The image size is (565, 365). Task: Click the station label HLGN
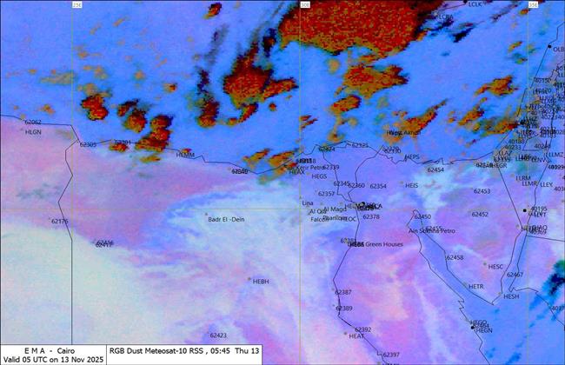pyautogui.click(x=33, y=132)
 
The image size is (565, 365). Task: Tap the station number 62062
pyautogui.click(x=33, y=123)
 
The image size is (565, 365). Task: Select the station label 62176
pyautogui.click(x=59, y=222)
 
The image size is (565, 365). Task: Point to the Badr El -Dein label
pyautogui.click(x=228, y=219)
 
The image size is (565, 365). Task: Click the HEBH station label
pyautogui.click(x=261, y=282)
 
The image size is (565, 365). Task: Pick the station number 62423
pyautogui.click(x=218, y=335)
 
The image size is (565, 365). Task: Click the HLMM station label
pyautogui.click(x=185, y=155)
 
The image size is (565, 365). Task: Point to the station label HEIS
pyautogui.click(x=412, y=185)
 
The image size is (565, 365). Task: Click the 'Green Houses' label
pyautogui.click(x=383, y=244)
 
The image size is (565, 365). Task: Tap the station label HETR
pyautogui.click(x=475, y=286)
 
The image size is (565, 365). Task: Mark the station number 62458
pyautogui.click(x=455, y=257)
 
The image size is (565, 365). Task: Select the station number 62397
pyautogui.click(x=391, y=355)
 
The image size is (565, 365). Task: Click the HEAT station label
pyautogui.click(x=356, y=335)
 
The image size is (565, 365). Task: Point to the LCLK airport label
pyautogui.click(x=475, y=4)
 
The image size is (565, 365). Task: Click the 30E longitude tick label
pyautogui.click(x=305, y=4)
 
